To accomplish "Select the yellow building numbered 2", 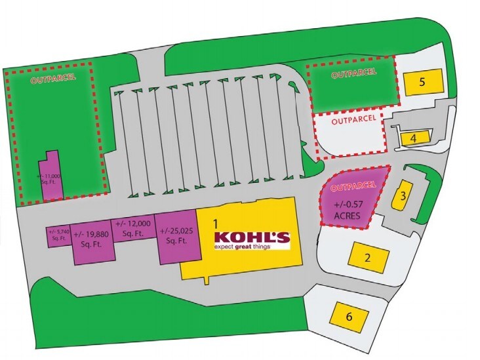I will click(368, 257).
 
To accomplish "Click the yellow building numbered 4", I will click(413, 138).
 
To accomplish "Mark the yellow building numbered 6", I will click(349, 317).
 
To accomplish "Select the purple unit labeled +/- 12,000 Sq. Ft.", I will click(133, 229).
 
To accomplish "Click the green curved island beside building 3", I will click(424, 197).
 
